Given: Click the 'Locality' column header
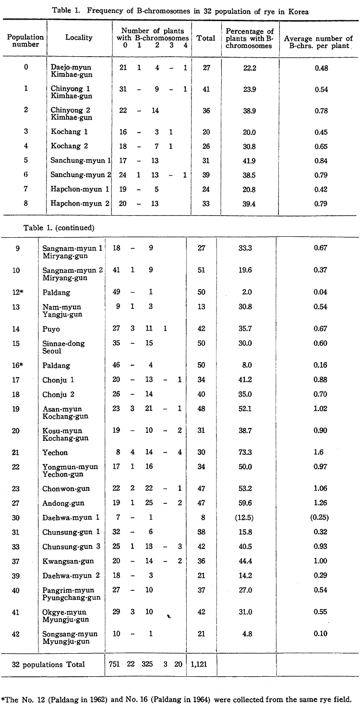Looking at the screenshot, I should [x=79, y=37].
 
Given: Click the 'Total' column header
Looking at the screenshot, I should [x=206, y=38].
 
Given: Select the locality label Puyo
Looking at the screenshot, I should [x=51, y=329].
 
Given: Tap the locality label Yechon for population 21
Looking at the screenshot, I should [x=55, y=452].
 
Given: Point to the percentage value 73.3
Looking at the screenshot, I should [x=250, y=452].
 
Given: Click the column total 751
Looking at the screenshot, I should [x=118, y=664].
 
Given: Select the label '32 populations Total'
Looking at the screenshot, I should [x=48, y=664].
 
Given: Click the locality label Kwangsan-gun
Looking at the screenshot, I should [x=68, y=561].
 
